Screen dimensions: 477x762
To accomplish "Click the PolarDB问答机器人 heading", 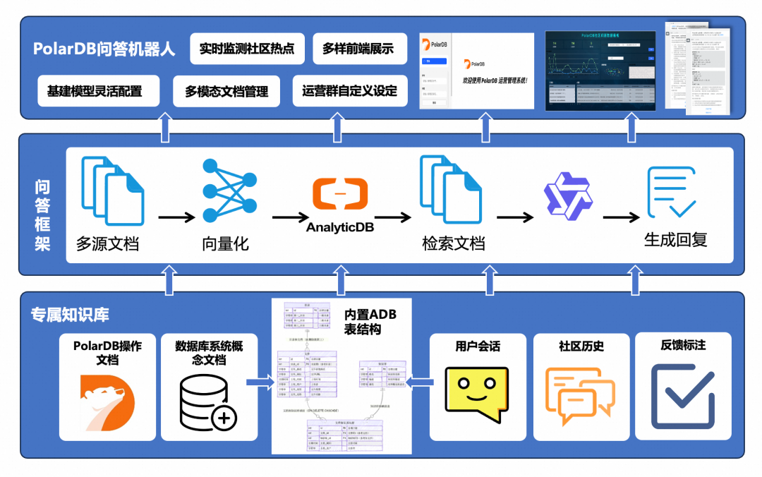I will pyautogui.click(x=104, y=49).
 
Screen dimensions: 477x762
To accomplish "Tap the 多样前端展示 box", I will pyautogui.click(x=358, y=49).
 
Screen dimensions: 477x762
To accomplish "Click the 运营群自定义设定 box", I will pyautogui.click(x=349, y=91).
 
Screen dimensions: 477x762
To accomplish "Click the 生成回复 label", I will pyautogui.click(x=675, y=239).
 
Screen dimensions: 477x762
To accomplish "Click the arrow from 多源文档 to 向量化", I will pyautogui.click(x=176, y=217).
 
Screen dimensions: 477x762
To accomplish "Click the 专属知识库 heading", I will pyautogui.click(x=70, y=315).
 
